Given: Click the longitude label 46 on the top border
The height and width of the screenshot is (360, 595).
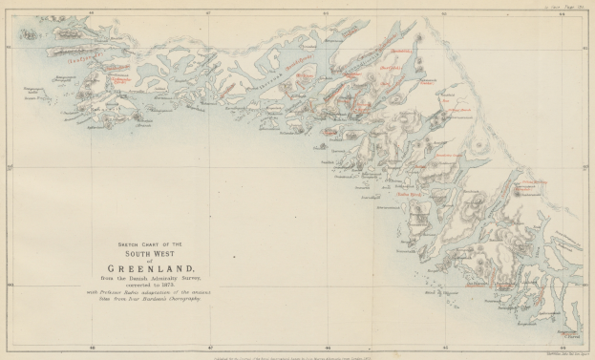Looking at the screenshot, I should tap(327, 13).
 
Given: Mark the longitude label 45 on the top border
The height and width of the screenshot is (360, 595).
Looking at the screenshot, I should tap(444, 13).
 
